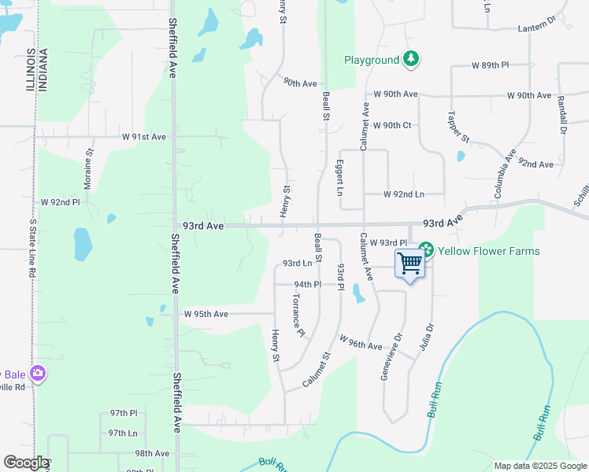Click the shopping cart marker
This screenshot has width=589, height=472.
pos(410,263)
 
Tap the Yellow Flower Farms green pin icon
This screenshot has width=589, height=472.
pos(426,250)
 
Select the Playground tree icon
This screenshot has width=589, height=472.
pos(410,59)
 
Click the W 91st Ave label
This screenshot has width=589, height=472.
pos(144,137)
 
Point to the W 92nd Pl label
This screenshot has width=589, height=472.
pos(61,202)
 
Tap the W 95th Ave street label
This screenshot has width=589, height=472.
pos(206,314)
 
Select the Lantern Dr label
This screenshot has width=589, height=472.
pos(536,28)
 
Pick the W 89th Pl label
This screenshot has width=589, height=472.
pos(490,65)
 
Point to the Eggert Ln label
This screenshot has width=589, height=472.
pos(340,180)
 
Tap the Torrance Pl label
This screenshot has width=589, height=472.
pos(297,317)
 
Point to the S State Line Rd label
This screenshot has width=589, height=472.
pos(32,248)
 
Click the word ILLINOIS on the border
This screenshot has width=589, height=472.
pos(30,69)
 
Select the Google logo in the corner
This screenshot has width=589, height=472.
pos(26,463)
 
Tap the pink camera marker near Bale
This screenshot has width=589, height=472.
pos(37,373)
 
